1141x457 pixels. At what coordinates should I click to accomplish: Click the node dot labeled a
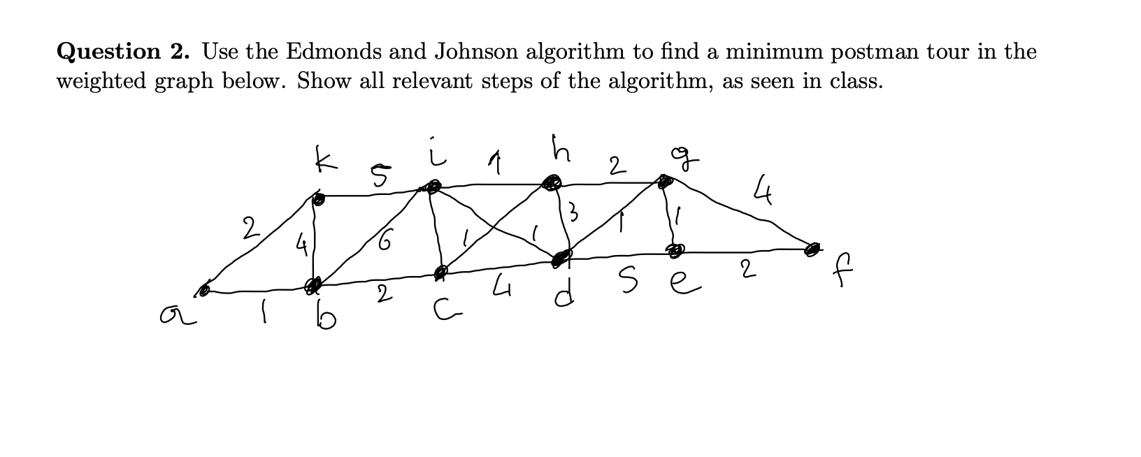[x=204, y=289]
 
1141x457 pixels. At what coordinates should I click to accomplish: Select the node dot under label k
[x=319, y=200]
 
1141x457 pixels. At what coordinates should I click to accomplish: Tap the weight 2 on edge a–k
[x=247, y=229]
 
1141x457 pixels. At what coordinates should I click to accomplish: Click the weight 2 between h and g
[x=614, y=166]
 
